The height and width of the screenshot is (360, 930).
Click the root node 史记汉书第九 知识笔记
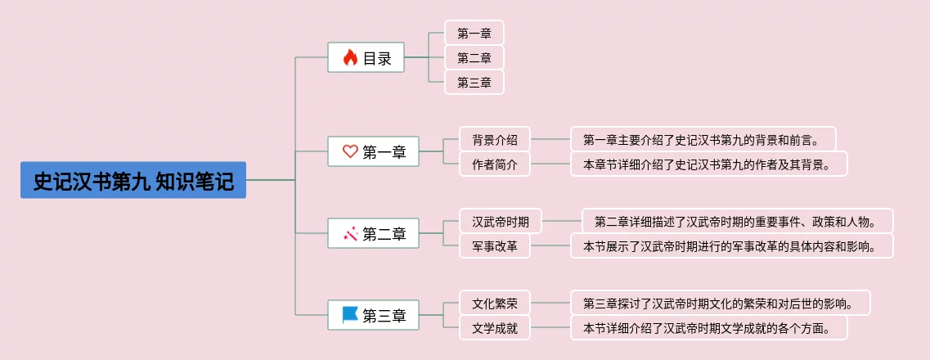pyautogui.click(x=133, y=180)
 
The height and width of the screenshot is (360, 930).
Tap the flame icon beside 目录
pyautogui.click(x=350, y=57)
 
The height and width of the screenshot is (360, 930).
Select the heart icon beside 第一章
pyautogui.click(x=350, y=151)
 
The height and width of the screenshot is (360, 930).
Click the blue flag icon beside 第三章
pyautogui.click(x=350, y=314)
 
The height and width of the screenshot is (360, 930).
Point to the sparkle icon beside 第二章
pyautogui.click(x=350, y=234)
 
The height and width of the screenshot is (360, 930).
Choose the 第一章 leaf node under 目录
pyautogui.click(x=474, y=33)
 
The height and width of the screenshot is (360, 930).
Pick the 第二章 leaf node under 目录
pyautogui.click(x=474, y=57)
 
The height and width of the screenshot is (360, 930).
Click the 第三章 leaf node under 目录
pyautogui.click(x=474, y=82)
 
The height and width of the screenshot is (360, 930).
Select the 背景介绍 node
pyautogui.click(x=494, y=139)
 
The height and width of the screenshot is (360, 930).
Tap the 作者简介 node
pyautogui.click(x=494, y=164)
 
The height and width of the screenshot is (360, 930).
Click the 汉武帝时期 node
pyautogui.click(x=500, y=221)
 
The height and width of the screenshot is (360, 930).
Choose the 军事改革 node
pyautogui.click(x=494, y=245)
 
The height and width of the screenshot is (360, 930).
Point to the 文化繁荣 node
pyautogui.click(x=494, y=303)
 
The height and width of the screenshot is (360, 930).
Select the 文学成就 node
pyautogui.click(x=494, y=328)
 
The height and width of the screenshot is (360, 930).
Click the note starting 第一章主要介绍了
pyautogui.click(x=703, y=139)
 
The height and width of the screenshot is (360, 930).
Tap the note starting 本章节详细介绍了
pyautogui.click(x=708, y=164)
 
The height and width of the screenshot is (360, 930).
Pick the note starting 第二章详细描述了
pyautogui.click(x=736, y=221)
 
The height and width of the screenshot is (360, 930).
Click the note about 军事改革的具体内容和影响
pyautogui.click(x=731, y=245)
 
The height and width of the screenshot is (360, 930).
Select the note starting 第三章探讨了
pyautogui.click(x=720, y=303)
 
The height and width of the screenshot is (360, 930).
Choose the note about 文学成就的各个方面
pyautogui.click(x=708, y=328)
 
